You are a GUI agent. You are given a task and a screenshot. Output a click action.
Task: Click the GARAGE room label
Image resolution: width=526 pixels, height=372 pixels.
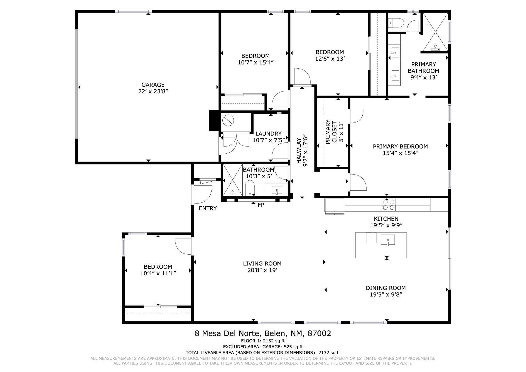[153, 85]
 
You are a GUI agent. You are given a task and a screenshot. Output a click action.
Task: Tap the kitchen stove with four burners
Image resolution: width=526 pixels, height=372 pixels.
[389, 205]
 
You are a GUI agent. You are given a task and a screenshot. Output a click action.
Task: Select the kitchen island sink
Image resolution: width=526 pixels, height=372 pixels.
[388, 240]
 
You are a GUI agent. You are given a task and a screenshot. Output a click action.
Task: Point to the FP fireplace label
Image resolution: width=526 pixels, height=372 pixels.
[261, 205]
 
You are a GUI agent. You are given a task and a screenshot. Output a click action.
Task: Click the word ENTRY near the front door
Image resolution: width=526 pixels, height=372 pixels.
[208, 208]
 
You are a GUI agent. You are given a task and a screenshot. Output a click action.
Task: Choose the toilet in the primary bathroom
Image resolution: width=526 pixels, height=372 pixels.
[396, 23]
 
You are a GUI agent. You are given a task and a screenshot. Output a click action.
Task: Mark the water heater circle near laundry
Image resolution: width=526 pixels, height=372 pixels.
[228, 120]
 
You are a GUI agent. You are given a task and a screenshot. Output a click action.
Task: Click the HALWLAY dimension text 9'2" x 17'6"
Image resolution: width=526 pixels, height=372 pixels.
[305, 150]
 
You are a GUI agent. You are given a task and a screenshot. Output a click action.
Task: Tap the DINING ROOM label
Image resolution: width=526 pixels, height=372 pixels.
[386, 288]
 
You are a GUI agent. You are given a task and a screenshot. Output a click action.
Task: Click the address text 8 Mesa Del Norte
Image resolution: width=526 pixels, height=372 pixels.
[228, 333]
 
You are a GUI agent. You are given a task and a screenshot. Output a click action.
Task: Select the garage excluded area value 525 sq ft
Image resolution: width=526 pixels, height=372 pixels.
[293, 347]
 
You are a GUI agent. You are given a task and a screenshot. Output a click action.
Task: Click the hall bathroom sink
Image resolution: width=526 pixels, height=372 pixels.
[277, 190]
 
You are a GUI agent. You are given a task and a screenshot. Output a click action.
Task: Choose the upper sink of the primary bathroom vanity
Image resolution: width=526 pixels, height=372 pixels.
[395, 53]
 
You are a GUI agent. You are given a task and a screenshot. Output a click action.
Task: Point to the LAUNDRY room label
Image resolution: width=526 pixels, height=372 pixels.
[268, 134]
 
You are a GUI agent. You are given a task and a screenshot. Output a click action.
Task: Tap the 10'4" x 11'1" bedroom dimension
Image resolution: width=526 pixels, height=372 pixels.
[158, 273]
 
